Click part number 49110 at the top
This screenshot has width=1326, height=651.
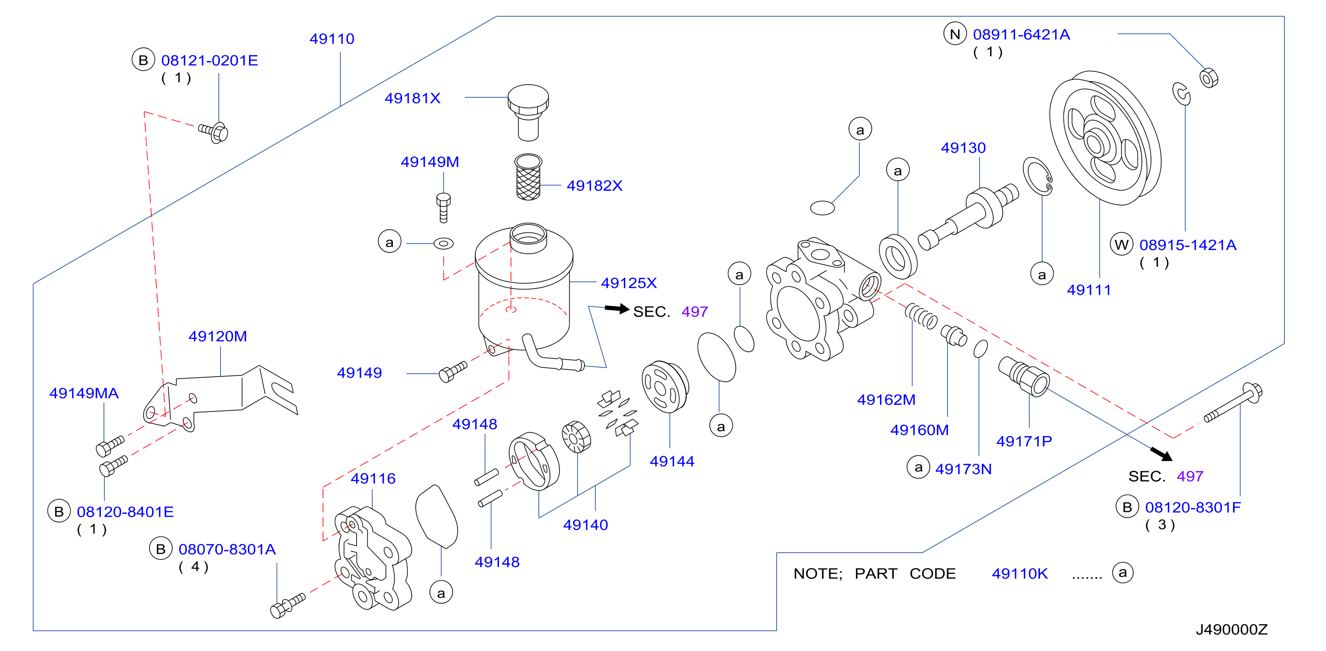[331, 39]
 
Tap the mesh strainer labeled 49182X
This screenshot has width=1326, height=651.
[528, 177]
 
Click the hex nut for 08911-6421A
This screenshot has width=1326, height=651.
[1208, 78]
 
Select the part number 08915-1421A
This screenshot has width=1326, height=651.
[1187, 245]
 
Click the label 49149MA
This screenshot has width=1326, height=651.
[84, 393]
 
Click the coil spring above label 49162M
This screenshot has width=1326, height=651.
[921, 316]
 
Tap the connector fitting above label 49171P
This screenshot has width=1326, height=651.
[1023, 376]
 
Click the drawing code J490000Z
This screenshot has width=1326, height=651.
[1231, 630]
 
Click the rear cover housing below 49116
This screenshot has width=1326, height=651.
[373, 558]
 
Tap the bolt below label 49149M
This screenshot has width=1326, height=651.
[443, 207]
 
